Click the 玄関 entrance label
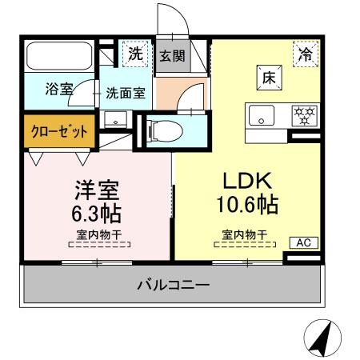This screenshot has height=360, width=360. click(x=172, y=56)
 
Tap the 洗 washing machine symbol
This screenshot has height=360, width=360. click(x=135, y=54)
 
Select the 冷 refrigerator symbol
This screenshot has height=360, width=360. click(x=305, y=54)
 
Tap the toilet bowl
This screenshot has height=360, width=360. click(x=167, y=129)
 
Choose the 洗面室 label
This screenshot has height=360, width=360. click(x=125, y=92)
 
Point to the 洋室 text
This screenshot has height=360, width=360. click(x=98, y=190)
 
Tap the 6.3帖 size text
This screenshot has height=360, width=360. click(x=98, y=214)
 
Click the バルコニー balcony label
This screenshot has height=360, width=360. click(x=173, y=285)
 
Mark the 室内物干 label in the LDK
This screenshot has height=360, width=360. click(x=245, y=235)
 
